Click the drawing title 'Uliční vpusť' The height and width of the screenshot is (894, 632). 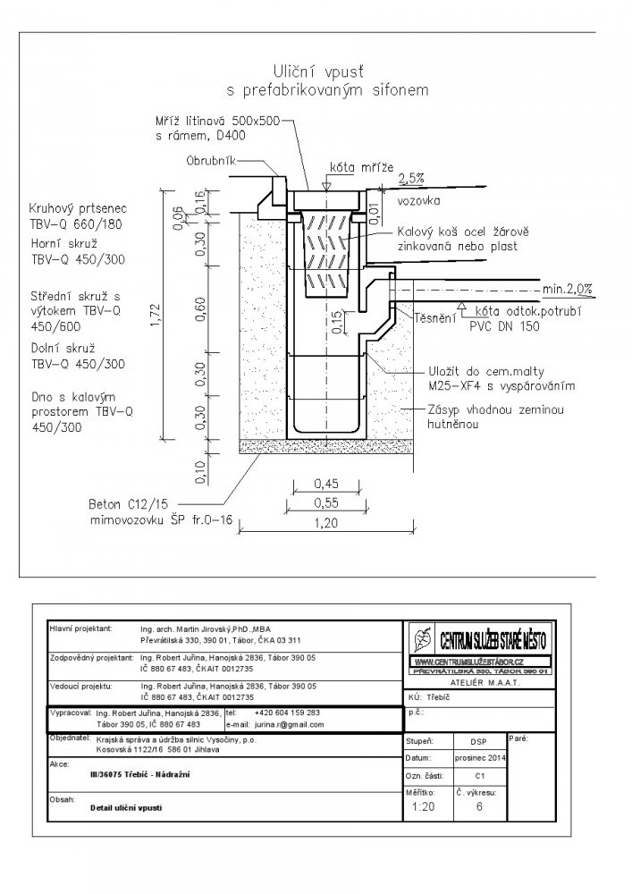click(x=329, y=72)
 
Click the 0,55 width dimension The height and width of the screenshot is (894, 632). click(x=328, y=503)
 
